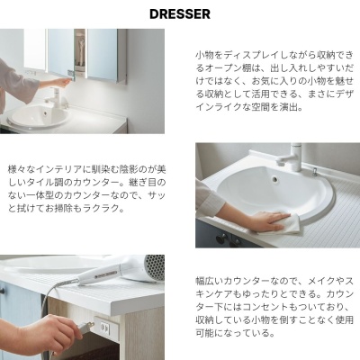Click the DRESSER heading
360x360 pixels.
(180, 14)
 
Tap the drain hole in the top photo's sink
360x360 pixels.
(45, 113)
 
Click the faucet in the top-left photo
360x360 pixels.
(57, 96)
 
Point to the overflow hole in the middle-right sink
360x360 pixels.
(274, 179)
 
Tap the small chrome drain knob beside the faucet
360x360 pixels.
(315, 171)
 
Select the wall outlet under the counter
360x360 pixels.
(105, 327)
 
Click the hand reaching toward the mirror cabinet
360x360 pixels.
(60, 82)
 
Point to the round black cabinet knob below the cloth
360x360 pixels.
(221, 239)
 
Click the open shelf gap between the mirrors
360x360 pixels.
(80, 50)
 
